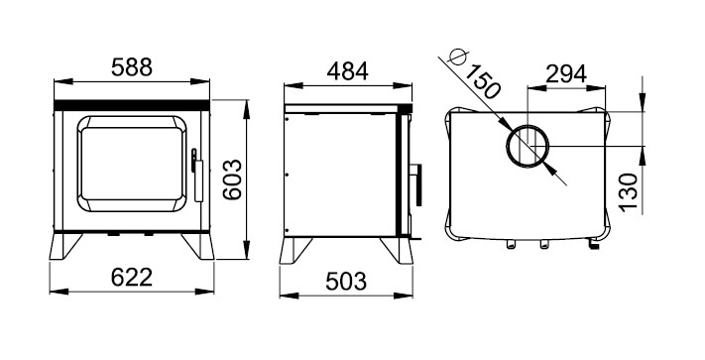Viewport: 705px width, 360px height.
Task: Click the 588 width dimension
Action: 132,67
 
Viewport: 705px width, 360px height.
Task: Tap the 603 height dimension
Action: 232,180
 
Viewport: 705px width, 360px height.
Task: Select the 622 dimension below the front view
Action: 132,277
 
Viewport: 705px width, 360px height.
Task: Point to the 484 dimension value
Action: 348,71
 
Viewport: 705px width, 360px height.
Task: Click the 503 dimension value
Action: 346,282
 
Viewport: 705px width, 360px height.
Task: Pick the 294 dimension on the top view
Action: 566,74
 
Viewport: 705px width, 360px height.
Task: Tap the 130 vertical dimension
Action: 628,192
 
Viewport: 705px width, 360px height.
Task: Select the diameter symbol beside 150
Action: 458,58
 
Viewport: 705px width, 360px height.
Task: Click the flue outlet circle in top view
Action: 507,147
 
